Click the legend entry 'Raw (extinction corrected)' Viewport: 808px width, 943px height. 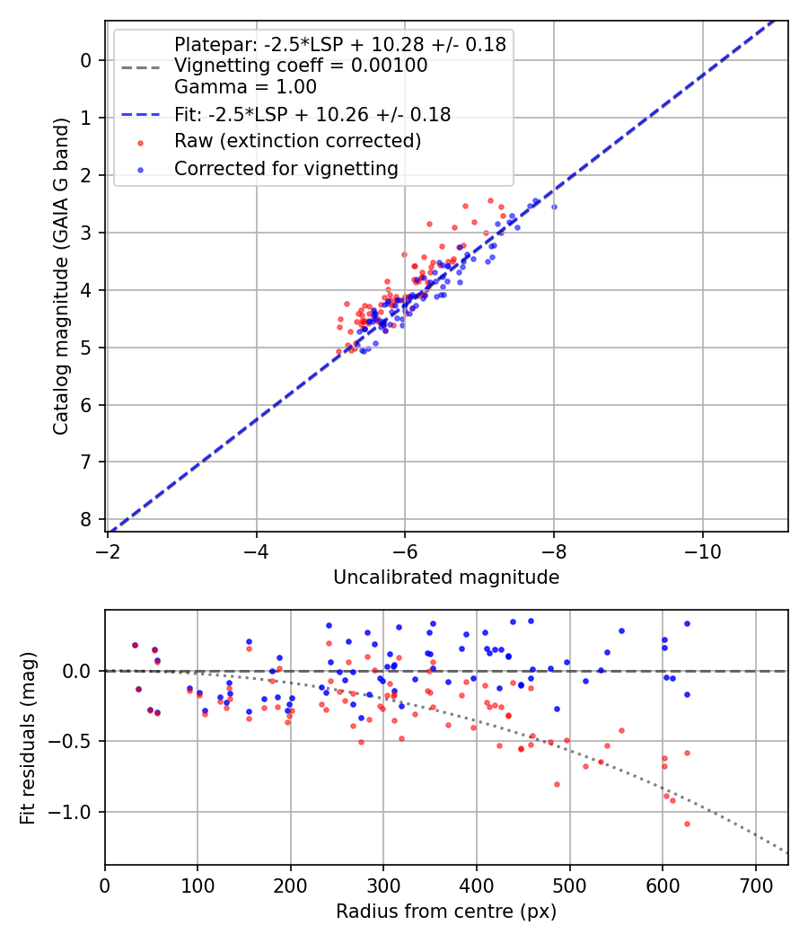(297, 141)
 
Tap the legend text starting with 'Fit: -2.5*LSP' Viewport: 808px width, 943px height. (312, 114)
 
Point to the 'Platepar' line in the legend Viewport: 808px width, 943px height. (339, 44)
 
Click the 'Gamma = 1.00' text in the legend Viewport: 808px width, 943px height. (245, 87)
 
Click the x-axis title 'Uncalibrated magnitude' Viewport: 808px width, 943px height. (446, 577)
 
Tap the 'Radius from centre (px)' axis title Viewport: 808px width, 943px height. (446, 912)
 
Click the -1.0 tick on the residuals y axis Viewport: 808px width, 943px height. (73, 812)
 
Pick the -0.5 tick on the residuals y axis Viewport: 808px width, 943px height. (73, 741)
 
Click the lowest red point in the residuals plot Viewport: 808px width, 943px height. (687, 824)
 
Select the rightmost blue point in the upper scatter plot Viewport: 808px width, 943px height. (554, 207)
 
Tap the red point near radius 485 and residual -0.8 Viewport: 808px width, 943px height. (557, 784)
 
